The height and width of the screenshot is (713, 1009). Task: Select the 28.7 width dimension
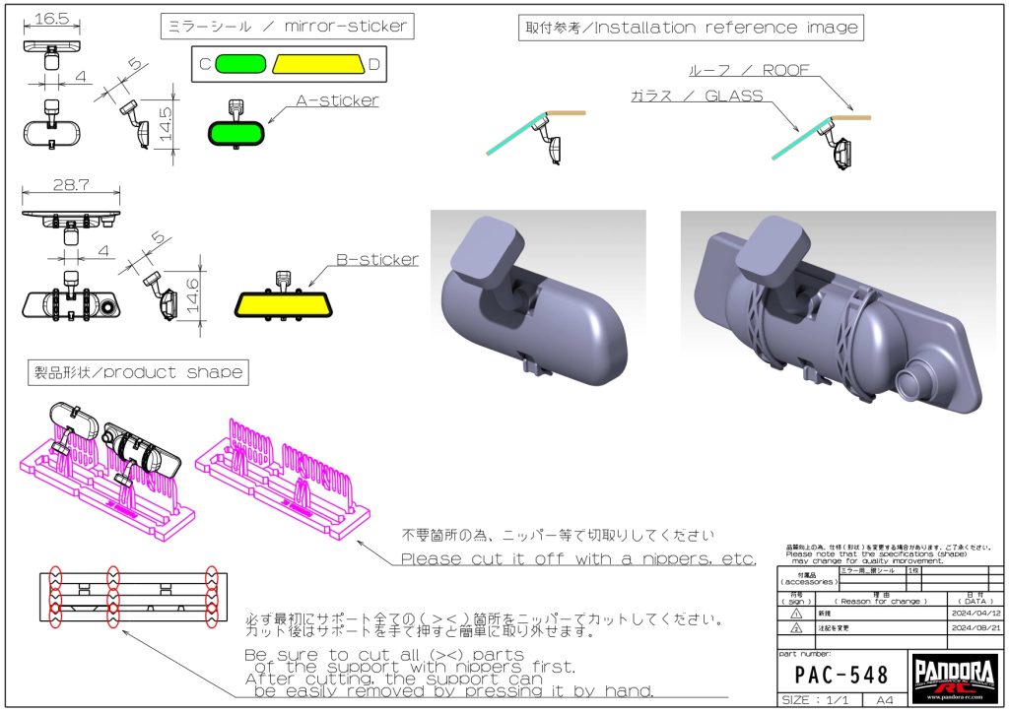coord(70,184)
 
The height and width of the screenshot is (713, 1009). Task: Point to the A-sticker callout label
coord(337,100)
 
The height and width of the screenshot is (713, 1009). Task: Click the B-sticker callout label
coord(377,260)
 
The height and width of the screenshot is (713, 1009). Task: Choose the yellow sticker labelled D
coord(317,64)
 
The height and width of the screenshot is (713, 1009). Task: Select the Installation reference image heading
coord(690,27)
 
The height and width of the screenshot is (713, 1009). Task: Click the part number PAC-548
coord(841,675)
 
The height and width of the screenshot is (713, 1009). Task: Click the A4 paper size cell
coord(885,700)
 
